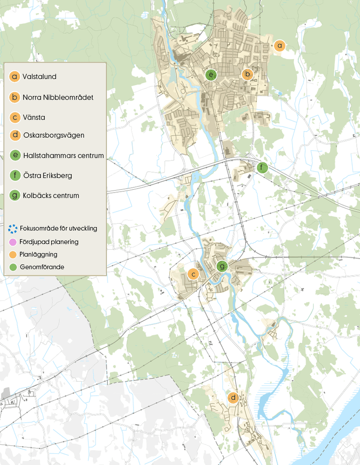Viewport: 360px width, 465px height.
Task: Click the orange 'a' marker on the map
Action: [x=279, y=45]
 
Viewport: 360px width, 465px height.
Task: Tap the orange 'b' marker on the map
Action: [x=247, y=73]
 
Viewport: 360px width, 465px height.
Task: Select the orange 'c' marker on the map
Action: [x=193, y=274]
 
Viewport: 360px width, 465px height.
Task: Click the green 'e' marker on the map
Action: [x=211, y=74]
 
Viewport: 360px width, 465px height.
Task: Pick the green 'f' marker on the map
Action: [x=263, y=167]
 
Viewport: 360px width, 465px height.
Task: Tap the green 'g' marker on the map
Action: [x=222, y=266]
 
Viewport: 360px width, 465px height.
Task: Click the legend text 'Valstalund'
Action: [x=39, y=77]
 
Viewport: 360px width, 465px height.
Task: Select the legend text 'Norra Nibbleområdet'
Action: [x=58, y=97]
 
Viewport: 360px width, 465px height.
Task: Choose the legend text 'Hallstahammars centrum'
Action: [x=63, y=155]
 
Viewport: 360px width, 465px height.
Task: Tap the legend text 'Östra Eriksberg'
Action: [x=47, y=176]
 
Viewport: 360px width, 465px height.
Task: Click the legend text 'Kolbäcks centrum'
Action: [x=51, y=196]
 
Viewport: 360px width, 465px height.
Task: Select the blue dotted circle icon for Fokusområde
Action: [x=13, y=228]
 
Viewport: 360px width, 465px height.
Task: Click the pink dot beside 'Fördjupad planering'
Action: [x=13, y=242]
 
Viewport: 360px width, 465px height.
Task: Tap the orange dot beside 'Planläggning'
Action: [x=13, y=255]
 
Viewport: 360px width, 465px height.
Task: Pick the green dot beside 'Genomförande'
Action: [x=13, y=267]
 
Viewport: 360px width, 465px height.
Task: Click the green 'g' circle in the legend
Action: [x=15, y=196]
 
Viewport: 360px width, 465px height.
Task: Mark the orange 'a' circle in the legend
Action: [x=15, y=77]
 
